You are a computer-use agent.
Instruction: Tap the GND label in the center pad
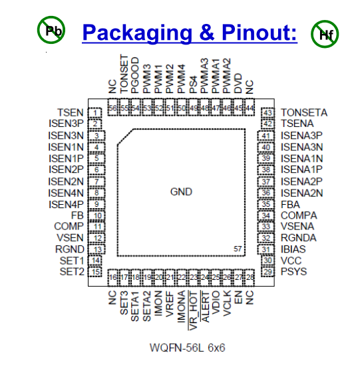[x=181, y=192]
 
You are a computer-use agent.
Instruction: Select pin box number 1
[x=96, y=112]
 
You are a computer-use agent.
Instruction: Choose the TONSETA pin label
[x=303, y=112]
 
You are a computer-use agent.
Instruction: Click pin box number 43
[x=268, y=112]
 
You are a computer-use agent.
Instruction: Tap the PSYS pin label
[x=293, y=271]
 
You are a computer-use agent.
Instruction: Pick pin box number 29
[x=268, y=271]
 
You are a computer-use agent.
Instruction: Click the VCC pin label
[x=291, y=260]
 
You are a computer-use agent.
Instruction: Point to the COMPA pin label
[x=298, y=215]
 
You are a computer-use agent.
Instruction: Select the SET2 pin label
[x=72, y=271]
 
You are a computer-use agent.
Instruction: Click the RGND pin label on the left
[x=70, y=249]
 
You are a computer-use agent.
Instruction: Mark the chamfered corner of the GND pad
[x=126, y=136]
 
